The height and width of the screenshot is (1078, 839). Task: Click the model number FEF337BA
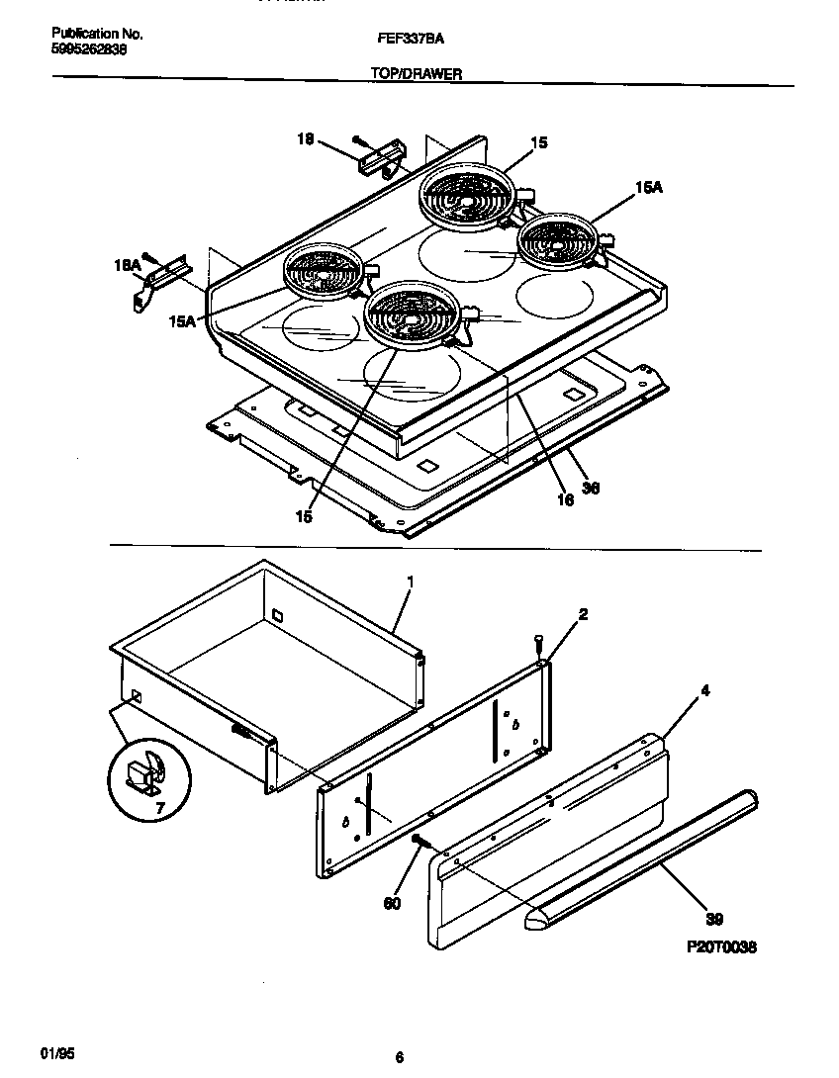[x=409, y=39]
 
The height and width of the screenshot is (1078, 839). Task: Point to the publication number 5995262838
[x=88, y=48]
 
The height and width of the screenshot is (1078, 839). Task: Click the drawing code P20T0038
[x=721, y=946]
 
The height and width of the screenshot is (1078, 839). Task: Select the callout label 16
[x=565, y=501]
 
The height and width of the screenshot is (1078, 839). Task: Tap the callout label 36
[x=591, y=488]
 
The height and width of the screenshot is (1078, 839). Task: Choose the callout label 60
[x=393, y=903]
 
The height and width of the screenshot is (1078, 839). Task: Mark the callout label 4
[x=704, y=692]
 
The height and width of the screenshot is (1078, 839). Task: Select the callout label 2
[x=584, y=614]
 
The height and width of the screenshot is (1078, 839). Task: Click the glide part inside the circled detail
[x=145, y=775]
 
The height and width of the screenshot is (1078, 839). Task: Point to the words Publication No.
[x=97, y=34]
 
